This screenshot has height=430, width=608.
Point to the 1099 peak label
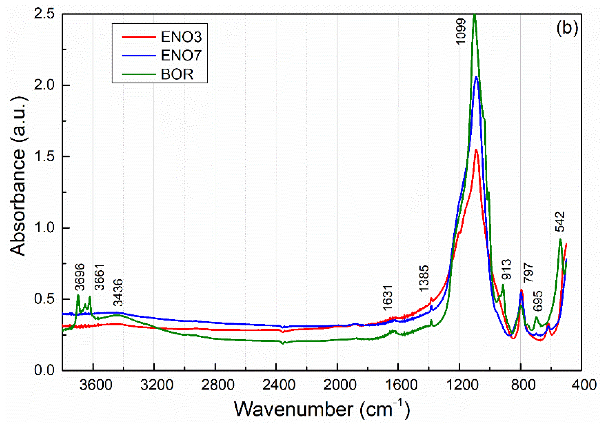pos(461,32)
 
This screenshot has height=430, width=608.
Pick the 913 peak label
pos(507,269)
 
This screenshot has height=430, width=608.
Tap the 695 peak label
pos(538,301)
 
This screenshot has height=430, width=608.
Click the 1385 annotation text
pos(424,278)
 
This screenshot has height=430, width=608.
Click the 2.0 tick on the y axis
pos(44,85)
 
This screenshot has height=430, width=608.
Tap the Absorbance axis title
pos(18,177)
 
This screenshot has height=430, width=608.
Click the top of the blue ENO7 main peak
pos(476,77)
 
